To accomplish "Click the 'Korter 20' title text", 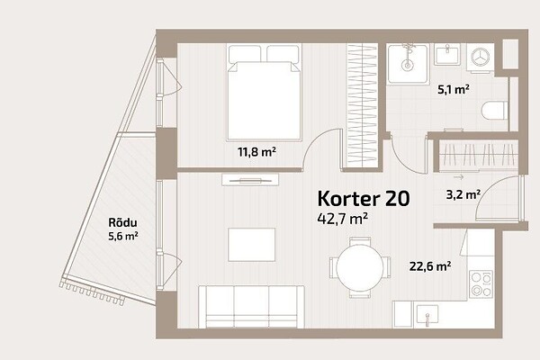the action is point(364,198).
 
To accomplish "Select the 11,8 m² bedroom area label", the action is point(256,152).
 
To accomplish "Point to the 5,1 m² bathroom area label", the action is point(454,90).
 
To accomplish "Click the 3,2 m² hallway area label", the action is point(463,195).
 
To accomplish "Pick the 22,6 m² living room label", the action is point(430,266).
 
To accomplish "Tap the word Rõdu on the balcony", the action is point(122,222).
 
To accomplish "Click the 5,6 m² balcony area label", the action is point(123,237).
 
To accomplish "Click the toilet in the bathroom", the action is point(494,110).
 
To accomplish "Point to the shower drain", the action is point(408,65).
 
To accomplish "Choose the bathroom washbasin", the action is point(447,54).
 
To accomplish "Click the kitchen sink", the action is point(427,315).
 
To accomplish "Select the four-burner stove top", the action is point(481,284).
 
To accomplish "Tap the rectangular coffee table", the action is point(251,245).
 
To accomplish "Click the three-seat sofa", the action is point(251,307).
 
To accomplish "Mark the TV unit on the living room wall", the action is point(250,179).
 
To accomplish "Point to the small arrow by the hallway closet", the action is point(458,177).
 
